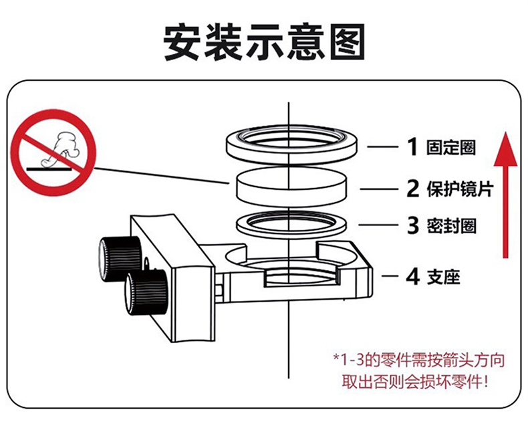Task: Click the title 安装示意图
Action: coord(265,41)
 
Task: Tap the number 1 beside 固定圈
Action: coord(412,146)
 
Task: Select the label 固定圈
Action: coord(451,147)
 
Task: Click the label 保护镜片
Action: coord(460,189)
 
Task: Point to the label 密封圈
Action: coord(451,225)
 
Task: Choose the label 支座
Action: coord(444,278)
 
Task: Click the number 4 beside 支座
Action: coord(413,277)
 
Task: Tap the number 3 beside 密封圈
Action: coord(413,225)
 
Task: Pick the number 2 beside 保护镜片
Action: coord(413,189)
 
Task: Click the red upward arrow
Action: coord(505,195)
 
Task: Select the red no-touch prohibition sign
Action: coord(54,152)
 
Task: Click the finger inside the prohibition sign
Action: coord(59,148)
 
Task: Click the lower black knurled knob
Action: coord(146,293)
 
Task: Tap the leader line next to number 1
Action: coord(383,146)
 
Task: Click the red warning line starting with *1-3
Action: coord(418,360)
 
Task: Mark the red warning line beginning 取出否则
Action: coord(414,383)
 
